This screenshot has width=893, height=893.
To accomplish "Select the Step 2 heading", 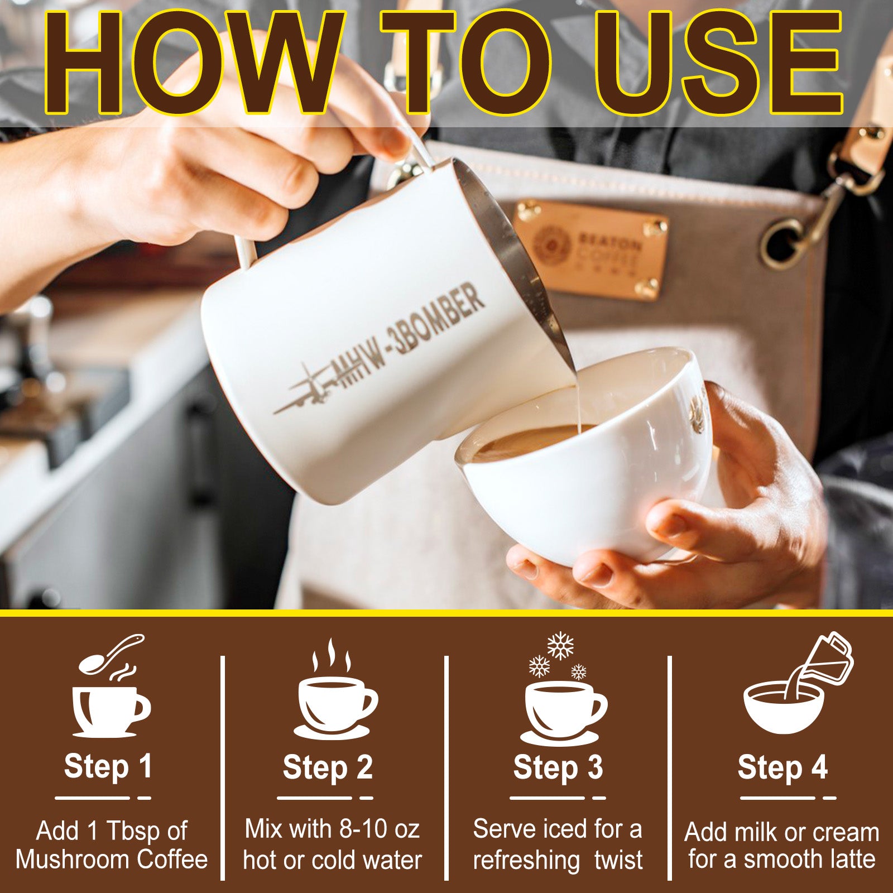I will coord(328,767).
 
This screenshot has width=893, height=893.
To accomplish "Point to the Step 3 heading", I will coord(558,767).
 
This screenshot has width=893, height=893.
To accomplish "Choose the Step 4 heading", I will coord(782,767).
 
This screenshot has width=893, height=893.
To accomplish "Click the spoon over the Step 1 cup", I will coord(112,653).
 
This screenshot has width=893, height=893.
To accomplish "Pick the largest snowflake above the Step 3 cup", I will coord(560,646).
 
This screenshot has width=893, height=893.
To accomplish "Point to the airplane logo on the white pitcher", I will coord(304,391).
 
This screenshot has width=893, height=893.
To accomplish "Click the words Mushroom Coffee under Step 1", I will coord(112,859).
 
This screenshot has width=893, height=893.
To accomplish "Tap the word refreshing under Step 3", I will coord(526,860).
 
